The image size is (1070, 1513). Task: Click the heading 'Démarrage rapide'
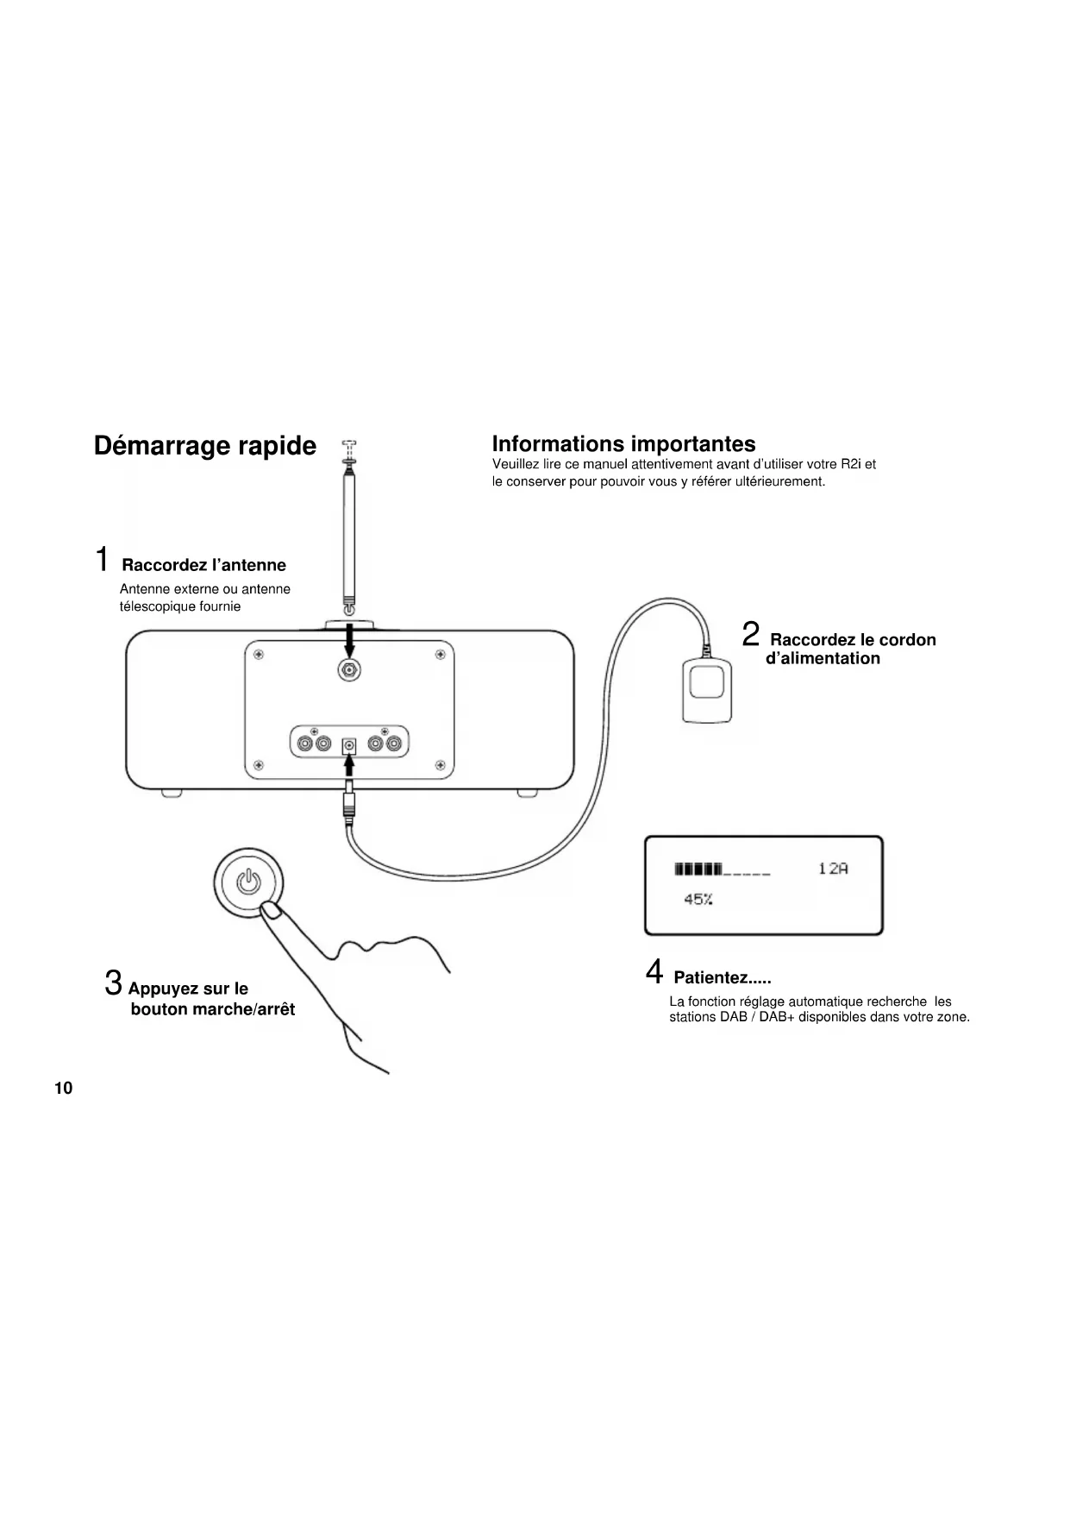click(205, 446)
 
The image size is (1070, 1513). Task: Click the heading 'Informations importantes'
click(623, 443)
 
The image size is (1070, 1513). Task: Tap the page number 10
click(64, 1088)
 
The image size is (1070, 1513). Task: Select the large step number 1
click(103, 559)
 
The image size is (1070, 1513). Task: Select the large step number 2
click(751, 635)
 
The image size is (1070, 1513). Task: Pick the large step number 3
click(113, 983)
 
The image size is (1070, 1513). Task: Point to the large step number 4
click(654, 972)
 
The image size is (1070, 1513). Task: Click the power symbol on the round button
click(247, 882)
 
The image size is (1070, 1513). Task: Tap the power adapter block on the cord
click(707, 690)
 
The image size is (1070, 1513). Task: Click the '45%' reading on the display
click(698, 900)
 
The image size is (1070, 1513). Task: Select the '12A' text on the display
click(833, 869)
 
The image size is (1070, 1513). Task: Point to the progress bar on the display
click(723, 869)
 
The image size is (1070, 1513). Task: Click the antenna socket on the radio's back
click(349, 671)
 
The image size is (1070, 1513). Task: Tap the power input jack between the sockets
click(349, 743)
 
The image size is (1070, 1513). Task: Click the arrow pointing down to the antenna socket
click(349, 640)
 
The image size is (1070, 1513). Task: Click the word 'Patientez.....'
click(722, 978)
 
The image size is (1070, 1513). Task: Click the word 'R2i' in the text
click(851, 464)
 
